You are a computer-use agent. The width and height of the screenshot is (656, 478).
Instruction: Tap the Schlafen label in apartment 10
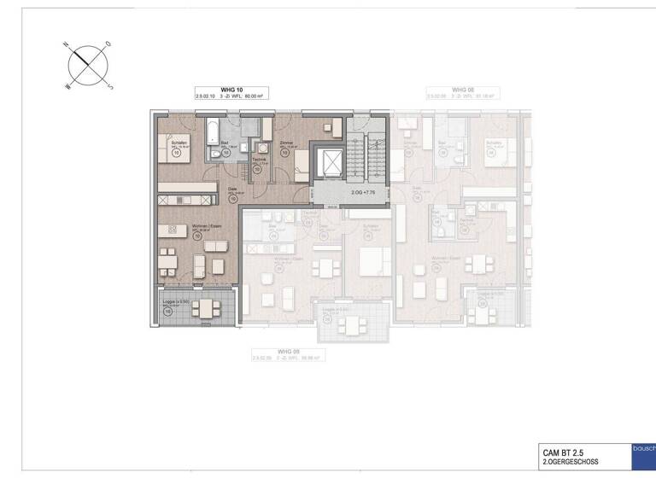178,143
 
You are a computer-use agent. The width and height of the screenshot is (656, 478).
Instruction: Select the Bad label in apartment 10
225,143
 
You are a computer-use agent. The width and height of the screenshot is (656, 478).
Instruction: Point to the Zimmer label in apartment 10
287,143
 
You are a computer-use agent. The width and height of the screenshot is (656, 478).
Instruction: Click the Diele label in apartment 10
232,189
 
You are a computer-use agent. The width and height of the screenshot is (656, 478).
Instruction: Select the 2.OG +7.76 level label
364,193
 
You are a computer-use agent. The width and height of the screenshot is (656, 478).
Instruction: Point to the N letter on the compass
65,44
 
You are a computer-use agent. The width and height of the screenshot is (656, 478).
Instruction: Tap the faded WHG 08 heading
462,90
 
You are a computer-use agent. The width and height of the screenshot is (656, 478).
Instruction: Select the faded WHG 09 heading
290,349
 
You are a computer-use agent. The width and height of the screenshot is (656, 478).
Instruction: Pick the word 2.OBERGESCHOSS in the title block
571,462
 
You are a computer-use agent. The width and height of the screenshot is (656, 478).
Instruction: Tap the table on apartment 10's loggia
205,306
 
